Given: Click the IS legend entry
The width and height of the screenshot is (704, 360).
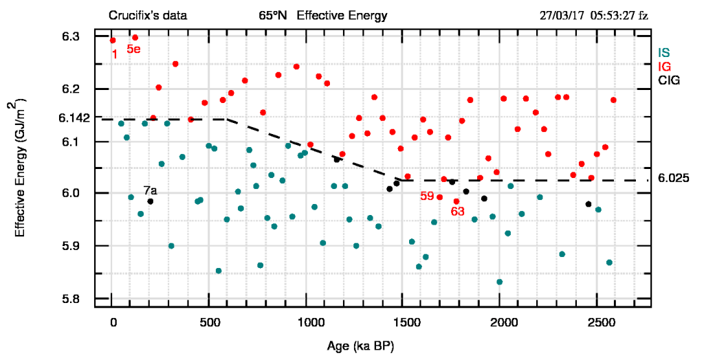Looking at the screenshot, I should point(663,53).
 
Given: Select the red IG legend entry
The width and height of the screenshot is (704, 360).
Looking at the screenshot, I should point(664,67).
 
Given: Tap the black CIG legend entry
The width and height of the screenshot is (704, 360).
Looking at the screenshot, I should point(668,80).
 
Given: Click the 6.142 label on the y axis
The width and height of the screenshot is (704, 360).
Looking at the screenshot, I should point(74,118).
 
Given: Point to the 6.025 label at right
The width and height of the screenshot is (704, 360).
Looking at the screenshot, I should point(673,178).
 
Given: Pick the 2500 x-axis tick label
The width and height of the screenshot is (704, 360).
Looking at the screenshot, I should point(602,322).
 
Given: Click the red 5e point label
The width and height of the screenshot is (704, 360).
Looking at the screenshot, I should point(133,49).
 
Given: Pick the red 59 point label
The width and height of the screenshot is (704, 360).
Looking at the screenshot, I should point(427,196).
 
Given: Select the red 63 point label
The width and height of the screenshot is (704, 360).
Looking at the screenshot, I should point(458,212).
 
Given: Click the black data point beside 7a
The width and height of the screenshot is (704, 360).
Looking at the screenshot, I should point(150,201).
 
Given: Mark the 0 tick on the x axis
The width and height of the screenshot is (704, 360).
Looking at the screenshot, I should point(113,322).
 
